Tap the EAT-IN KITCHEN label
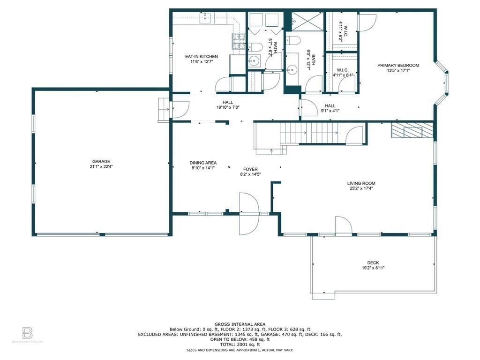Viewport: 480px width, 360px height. click(202, 56)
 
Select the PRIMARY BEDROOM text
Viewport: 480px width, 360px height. click(398, 65)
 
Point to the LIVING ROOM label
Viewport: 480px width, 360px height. click(361, 183)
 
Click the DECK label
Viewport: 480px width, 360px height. click(373, 262)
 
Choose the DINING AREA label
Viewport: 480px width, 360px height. click(203, 163)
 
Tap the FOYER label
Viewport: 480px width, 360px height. click(250, 169)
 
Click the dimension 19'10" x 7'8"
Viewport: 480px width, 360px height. click(228, 107)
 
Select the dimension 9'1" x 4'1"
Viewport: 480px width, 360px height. click(330, 111)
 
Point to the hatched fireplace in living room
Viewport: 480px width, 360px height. click(412, 130)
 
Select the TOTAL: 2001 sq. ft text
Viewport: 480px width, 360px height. click(240, 345)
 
